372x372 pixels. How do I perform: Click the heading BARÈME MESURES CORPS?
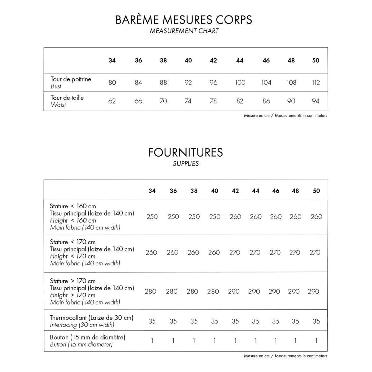coord(184,20)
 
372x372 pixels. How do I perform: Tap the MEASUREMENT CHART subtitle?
coord(184,31)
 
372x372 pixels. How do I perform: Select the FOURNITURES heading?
coord(185,152)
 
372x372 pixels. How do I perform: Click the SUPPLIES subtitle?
coord(186,164)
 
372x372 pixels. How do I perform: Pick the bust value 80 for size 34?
coord(112,82)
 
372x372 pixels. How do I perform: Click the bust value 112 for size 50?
coord(316,82)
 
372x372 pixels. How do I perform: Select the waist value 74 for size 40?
coord(188,101)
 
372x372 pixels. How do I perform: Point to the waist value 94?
coord(316,101)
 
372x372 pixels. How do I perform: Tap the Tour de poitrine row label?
coord(71,79)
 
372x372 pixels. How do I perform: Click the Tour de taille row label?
coord(67,98)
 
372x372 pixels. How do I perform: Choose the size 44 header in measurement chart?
coord(240,60)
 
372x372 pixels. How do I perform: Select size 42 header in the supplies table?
coord(235,191)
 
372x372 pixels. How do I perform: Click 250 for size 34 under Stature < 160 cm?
coord(152,217)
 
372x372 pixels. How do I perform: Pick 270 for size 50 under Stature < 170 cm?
coord(315,253)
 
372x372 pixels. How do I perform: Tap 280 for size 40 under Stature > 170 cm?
coord(213,291)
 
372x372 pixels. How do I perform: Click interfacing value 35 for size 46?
coord(275,321)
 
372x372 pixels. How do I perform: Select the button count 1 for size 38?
coord(194,341)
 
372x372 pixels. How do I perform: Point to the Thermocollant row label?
coord(91,318)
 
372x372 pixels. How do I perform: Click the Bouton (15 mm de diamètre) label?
coord(87,337)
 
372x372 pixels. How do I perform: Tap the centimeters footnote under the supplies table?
coord(285,356)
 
